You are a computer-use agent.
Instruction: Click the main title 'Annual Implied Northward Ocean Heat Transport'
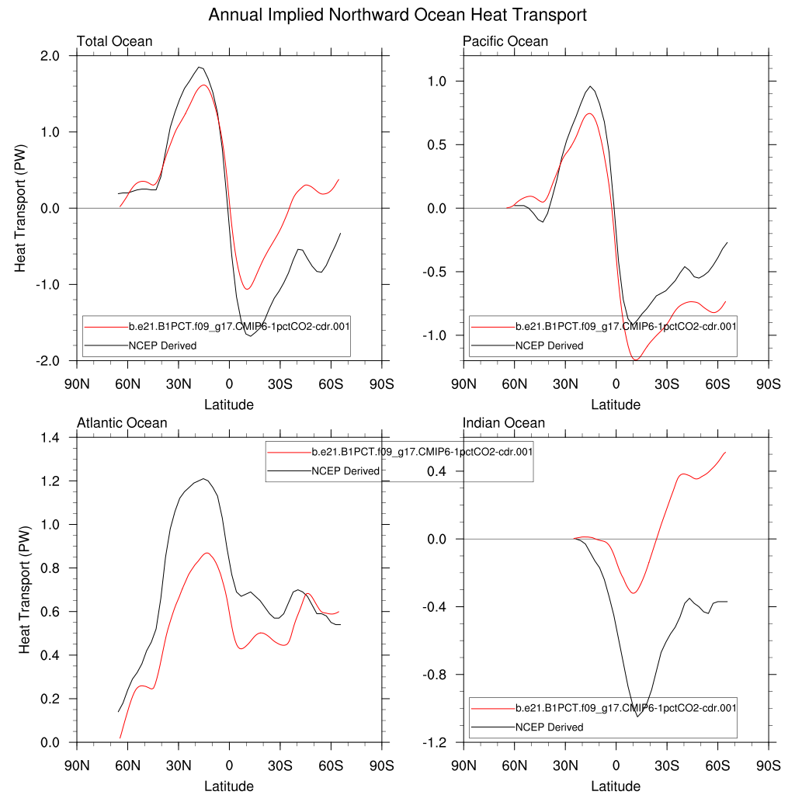397,15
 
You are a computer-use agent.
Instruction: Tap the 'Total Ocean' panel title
114,41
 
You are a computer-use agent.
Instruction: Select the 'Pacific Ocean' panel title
505,41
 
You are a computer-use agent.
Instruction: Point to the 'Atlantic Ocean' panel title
122,423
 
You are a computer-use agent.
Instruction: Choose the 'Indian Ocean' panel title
504,423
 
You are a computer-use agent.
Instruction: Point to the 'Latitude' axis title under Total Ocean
229,404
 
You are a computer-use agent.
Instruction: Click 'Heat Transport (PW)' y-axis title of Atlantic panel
24,590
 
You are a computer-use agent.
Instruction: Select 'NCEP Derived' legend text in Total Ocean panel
162,345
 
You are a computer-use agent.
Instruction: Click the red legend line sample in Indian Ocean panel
493,708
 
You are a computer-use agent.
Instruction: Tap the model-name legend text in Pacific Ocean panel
626,326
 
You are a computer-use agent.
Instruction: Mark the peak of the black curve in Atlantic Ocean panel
203,479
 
